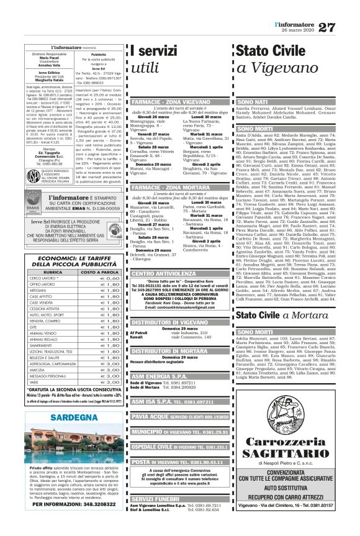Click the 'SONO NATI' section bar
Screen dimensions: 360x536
(x=253, y=101)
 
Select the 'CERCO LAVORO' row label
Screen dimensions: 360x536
(x=45, y=261)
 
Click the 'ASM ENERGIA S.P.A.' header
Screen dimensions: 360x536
(x=156, y=376)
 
